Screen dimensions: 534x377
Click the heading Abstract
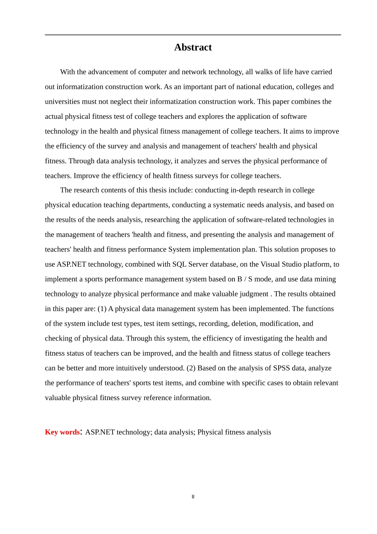(193, 47)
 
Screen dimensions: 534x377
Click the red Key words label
(62, 432)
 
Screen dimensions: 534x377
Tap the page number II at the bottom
(193, 497)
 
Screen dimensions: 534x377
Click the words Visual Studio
(281, 264)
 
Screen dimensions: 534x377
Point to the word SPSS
(281, 368)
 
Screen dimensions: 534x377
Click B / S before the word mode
(244, 279)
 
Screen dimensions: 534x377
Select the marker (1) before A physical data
(102, 309)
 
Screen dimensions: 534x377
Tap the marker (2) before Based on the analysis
(191, 368)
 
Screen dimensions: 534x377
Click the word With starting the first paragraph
(67, 72)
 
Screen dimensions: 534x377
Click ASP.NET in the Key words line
(100, 432)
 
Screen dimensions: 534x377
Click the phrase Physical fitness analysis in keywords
(234, 432)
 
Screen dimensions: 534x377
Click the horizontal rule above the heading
(193, 35)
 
